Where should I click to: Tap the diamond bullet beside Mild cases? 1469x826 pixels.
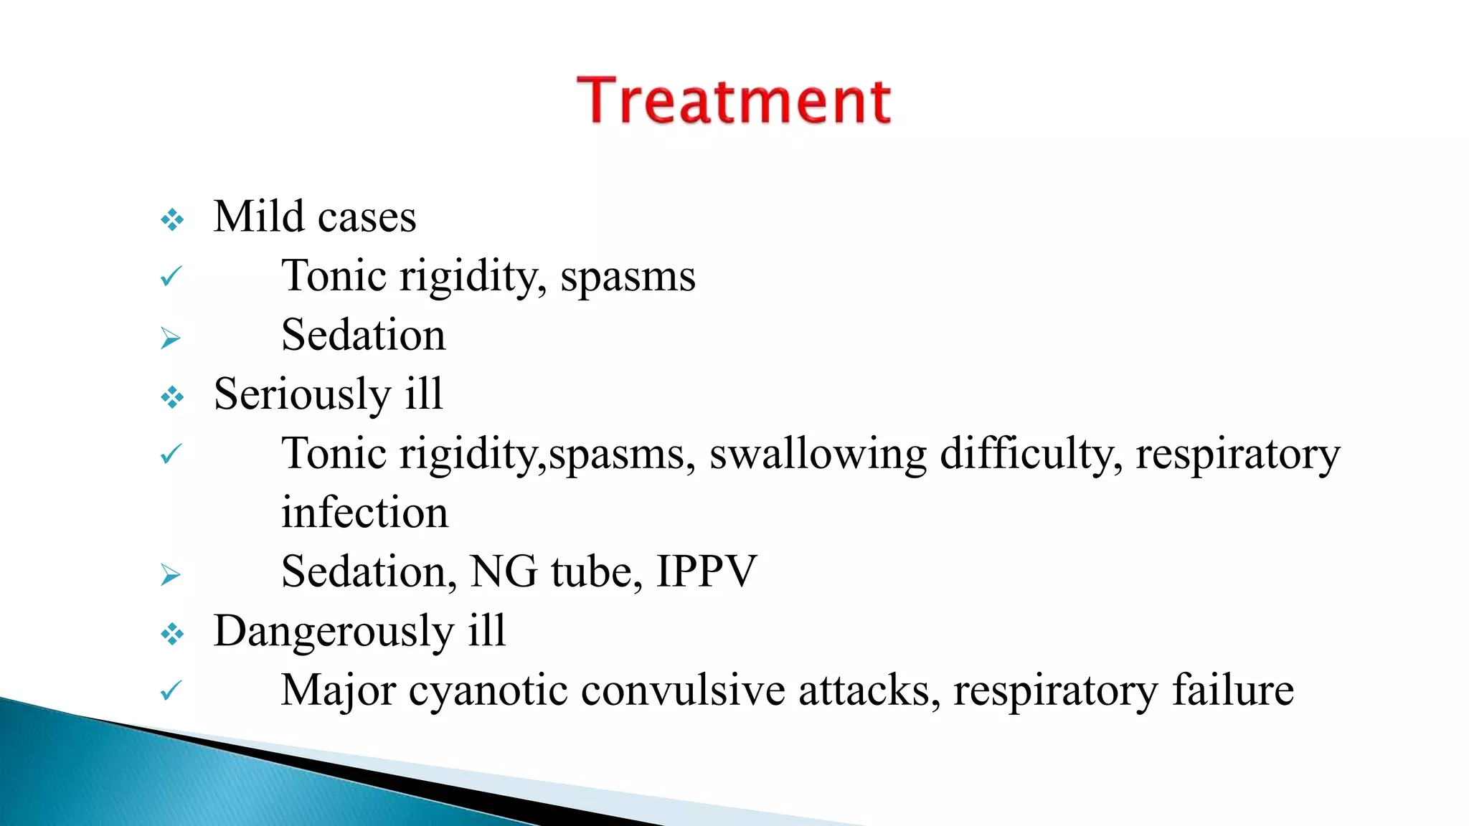(172, 219)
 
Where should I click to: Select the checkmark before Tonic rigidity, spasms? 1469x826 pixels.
(171, 276)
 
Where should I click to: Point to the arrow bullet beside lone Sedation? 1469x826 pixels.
(171, 338)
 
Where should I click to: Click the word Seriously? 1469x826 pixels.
(301, 394)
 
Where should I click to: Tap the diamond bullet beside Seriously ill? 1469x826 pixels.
(172, 397)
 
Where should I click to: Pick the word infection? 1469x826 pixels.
(364, 513)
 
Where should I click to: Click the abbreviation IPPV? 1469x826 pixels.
(707, 572)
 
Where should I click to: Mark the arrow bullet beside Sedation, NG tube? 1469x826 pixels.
(171, 574)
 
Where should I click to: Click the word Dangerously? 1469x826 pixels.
(334, 632)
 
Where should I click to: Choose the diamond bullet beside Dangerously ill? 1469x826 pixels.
(172, 634)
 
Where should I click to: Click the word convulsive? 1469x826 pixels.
(683, 691)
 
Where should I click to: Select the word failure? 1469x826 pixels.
(1232, 691)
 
